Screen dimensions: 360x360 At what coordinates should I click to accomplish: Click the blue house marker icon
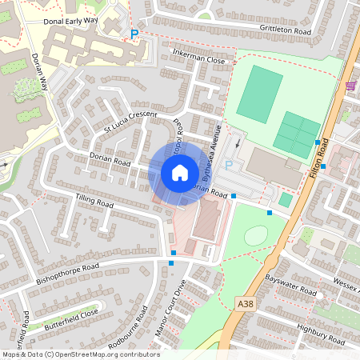click(179, 172)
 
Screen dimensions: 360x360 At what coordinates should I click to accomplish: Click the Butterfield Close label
click(71, 313)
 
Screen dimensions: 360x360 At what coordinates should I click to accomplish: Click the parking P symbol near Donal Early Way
click(134, 34)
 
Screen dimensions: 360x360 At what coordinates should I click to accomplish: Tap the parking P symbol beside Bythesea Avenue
click(228, 166)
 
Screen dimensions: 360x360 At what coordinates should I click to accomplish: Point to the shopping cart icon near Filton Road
click(350, 84)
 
